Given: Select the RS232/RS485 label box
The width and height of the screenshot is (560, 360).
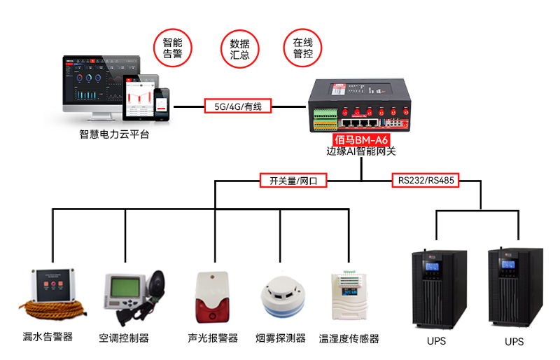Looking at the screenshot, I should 426,181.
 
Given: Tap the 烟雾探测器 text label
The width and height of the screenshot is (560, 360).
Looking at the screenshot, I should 281,338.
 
